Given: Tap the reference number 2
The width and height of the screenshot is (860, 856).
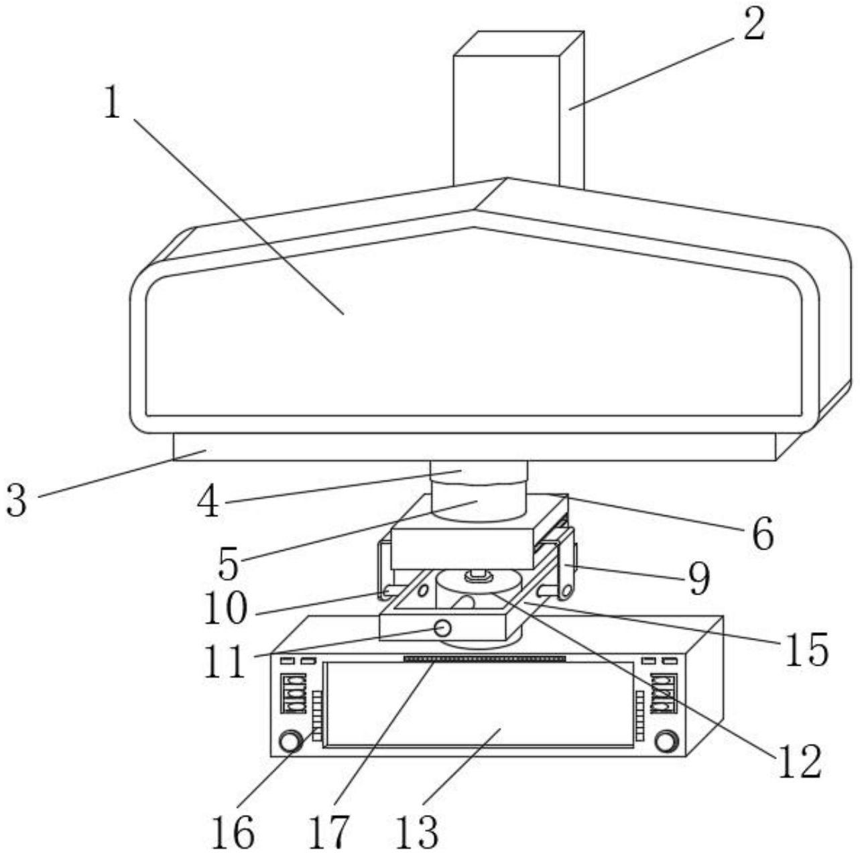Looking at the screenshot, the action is point(754,25).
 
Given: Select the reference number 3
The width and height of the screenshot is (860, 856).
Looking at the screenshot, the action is point(17,500).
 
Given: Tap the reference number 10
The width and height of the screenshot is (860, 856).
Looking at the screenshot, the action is point(225,608).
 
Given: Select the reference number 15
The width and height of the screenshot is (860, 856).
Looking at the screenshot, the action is point(806,650).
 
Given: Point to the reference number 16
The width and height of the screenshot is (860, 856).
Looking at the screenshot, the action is point(233,830).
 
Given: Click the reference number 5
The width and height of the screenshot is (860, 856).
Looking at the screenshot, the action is point(229,563).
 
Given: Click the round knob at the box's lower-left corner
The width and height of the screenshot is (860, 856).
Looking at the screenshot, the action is point(290,741).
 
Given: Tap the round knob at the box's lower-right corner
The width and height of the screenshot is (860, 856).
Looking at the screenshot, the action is point(666,741).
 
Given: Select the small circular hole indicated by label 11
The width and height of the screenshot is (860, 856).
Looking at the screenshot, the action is point(442,629).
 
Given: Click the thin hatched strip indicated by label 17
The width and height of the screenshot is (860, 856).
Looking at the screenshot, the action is point(485,658).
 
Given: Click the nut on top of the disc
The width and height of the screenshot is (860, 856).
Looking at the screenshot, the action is point(479,576).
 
